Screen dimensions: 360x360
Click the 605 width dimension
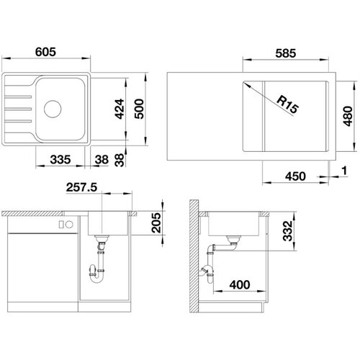coord(45,52)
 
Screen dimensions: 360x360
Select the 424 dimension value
coord(120,109)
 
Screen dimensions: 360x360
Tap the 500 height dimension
coord(139,109)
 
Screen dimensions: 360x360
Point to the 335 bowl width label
coord(60,160)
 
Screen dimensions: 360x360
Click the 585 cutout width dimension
coord(286,53)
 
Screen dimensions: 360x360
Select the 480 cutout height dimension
coord(348,116)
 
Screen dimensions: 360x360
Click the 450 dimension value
coord(295,176)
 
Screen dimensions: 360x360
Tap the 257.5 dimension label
coord(81,187)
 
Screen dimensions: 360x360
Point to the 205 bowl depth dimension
coord(156,222)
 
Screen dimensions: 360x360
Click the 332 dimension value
coord(287,230)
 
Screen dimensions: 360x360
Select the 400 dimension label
coord(240,285)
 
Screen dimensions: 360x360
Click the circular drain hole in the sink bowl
coord(53,109)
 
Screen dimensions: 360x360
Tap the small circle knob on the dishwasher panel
coord(69,225)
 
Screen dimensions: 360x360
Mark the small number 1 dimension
coord(344,171)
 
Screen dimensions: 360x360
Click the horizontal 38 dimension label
coord(102,160)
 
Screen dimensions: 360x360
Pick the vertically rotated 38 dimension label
coord(120,160)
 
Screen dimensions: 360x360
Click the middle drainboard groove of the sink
coord(18,109)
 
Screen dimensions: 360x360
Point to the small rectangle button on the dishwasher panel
coord(61,225)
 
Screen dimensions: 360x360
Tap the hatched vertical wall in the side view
coord(194,256)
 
